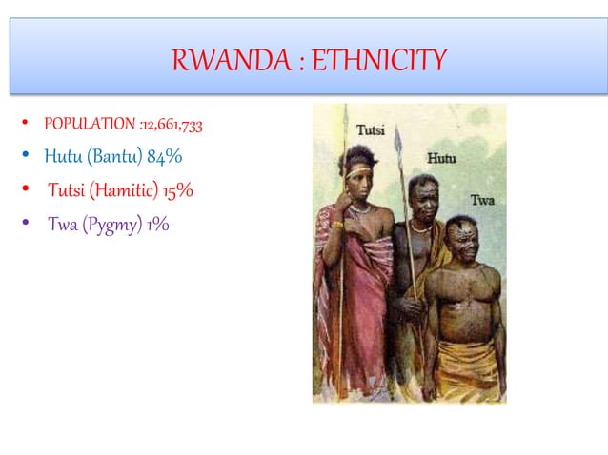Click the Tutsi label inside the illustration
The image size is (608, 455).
pos(371,129)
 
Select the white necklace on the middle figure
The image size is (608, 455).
pos(418,227)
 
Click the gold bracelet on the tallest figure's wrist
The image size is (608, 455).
pos(337,226)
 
